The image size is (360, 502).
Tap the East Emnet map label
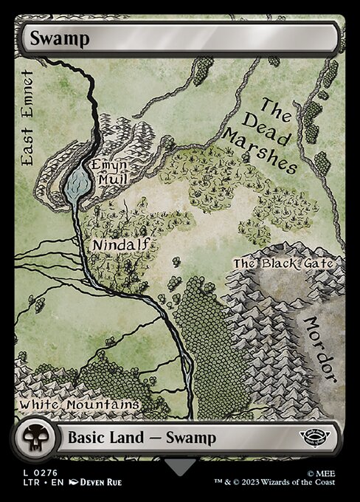pos(29,118)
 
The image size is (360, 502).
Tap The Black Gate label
pos(283,264)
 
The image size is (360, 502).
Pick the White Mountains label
pos(79,405)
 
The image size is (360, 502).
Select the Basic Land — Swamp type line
pos(142,438)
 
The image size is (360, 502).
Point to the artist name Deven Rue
pos(97,482)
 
